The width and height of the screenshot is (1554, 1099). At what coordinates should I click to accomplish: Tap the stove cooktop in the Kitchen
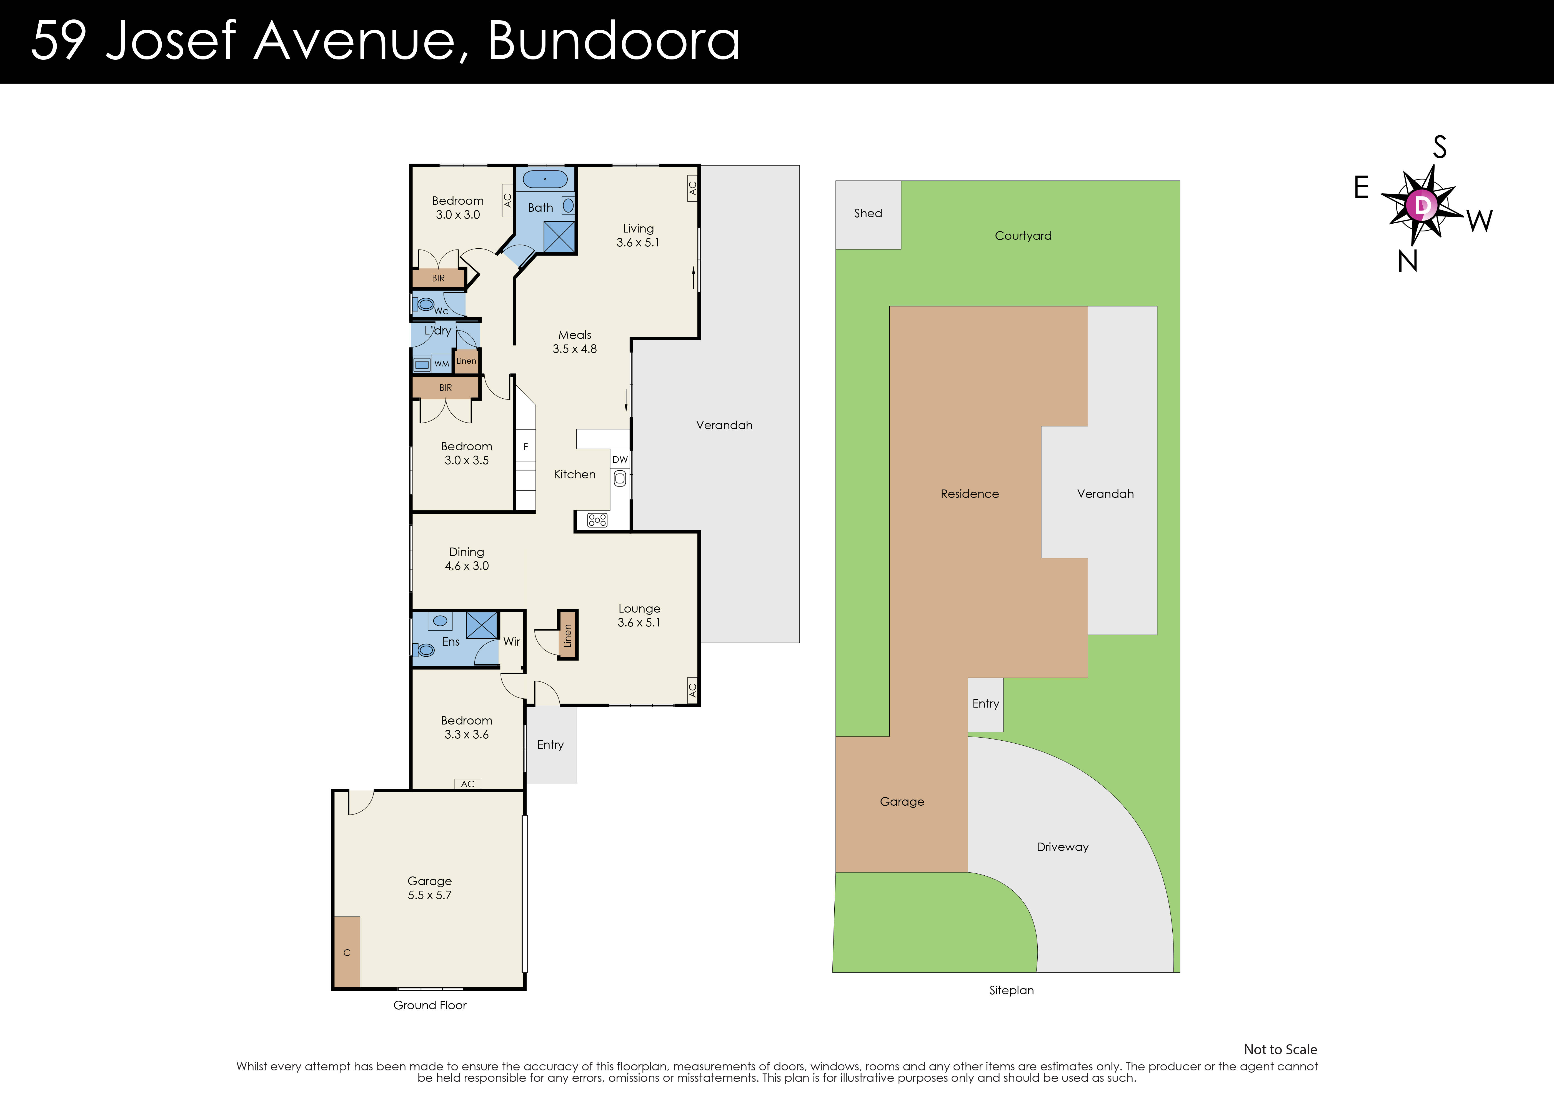597,520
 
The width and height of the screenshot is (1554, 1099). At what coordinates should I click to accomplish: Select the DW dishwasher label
620,460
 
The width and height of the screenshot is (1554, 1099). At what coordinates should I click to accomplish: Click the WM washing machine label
441,364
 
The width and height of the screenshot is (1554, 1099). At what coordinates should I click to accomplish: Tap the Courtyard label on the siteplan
1023,236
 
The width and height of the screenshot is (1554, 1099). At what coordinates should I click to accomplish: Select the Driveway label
1062,847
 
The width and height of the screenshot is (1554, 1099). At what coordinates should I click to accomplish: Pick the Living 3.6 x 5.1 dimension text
638,243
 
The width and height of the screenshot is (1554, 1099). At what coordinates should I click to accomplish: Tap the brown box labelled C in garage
347,952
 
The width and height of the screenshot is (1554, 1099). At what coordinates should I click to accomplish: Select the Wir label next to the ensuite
512,641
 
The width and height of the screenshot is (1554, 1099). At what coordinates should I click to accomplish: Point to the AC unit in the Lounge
692,691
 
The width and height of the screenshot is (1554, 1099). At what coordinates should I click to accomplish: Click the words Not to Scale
1280,1050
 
